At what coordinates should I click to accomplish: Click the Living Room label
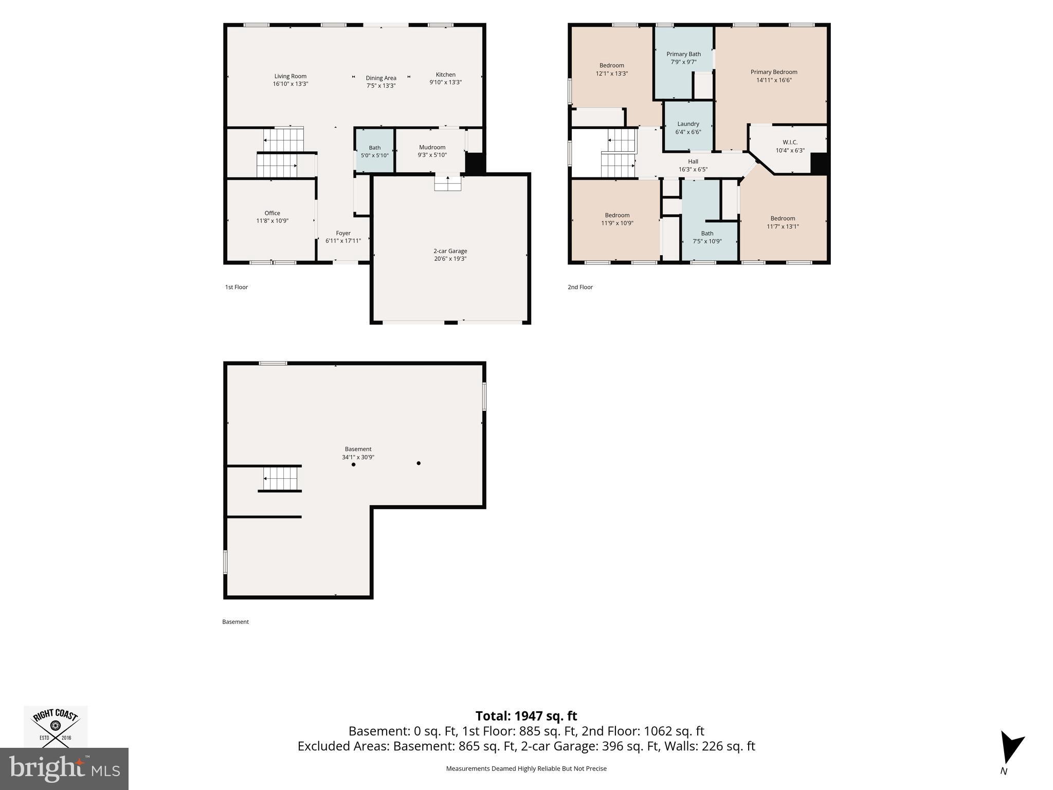point(290,76)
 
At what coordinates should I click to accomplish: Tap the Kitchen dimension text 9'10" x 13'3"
point(446,82)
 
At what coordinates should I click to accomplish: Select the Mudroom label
point(432,147)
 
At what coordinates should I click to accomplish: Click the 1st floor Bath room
point(375,151)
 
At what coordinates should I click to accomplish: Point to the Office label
point(273,213)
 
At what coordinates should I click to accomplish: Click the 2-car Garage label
point(450,251)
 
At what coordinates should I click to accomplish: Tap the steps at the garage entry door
point(448,184)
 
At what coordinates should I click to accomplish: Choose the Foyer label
point(343,233)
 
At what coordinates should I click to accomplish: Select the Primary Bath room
point(683,62)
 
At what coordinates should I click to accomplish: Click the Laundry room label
point(688,124)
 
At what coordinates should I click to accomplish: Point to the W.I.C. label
point(790,142)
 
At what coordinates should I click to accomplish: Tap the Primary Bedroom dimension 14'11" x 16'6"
point(774,80)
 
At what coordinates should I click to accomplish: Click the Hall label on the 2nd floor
point(693,161)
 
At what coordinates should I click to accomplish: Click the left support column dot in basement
point(354,465)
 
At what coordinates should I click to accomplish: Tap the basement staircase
point(281,478)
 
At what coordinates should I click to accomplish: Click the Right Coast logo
point(56,726)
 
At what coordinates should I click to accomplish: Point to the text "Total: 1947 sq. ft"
point(526,716)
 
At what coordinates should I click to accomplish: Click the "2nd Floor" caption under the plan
point(580,287)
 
